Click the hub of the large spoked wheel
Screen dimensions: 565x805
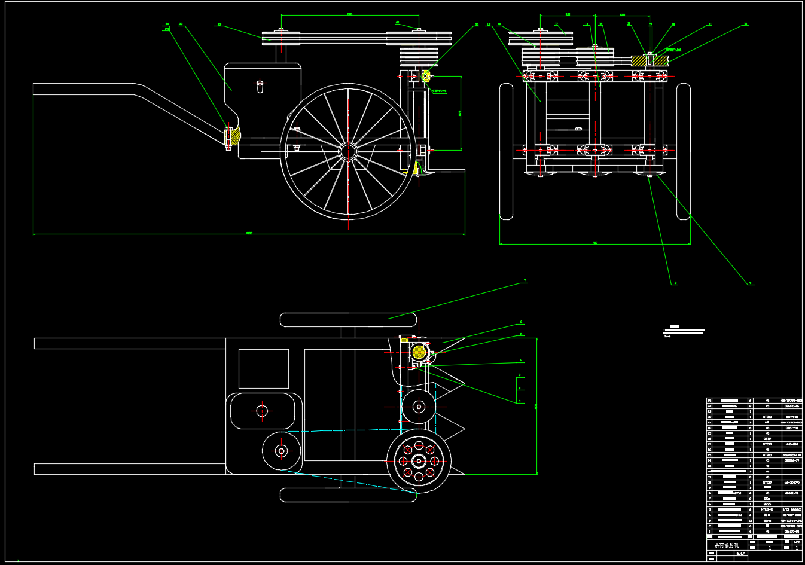[347, 151]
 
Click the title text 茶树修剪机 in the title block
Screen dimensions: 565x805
[727, 545]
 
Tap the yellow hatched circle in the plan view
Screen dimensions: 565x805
[419, 352]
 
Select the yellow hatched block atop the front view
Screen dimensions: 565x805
[650, 60]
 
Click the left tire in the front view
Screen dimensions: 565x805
[507, 152]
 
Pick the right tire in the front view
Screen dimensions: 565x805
[684, 152]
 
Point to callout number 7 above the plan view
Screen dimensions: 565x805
[525, 280]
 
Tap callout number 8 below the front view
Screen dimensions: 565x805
[675, 283]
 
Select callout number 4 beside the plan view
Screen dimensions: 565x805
[521, 361]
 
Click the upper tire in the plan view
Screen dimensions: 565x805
[349, 320]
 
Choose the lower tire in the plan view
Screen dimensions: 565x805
[349, 495]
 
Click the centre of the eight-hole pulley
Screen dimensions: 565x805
[419, 461]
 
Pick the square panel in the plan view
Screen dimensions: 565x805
[263, 369]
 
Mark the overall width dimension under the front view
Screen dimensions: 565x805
[594, 243]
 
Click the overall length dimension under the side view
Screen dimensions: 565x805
[249, 234]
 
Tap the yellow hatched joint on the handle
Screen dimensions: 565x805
[233, 136]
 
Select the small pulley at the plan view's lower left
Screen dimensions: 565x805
[281, 451]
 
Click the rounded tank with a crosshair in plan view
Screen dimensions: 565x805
[262, 411]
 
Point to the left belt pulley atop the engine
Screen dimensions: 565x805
[280, 38]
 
